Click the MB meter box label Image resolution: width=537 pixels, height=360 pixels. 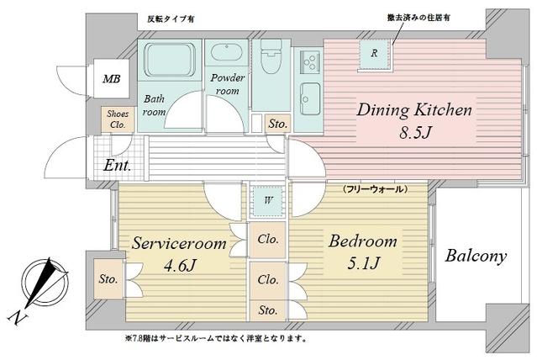[110, 80]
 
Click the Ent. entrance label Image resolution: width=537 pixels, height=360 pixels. [117, 166]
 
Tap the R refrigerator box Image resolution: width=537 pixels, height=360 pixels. [373, 53]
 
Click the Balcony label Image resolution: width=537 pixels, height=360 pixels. [476, 257]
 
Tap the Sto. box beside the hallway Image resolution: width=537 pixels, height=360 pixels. [277, 124]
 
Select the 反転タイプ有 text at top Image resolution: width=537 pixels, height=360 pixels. [171, 19]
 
